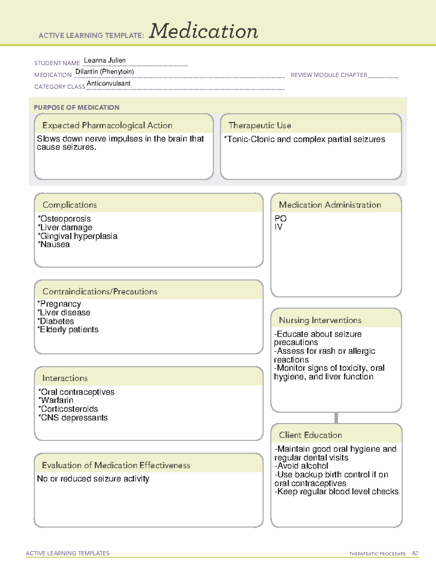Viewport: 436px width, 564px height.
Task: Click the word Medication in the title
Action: click(203, 31)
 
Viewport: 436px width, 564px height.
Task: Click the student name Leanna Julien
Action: click(105, 60)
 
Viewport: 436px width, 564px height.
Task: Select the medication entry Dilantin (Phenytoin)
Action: click(105, 72)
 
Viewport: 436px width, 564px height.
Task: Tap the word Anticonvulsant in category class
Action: click(109, 83)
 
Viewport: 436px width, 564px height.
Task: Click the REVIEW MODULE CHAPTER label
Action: click(329, 75)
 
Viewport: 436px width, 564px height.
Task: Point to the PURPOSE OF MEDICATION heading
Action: click(77, 107)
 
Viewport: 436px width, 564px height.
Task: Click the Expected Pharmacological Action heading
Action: click(107, 125)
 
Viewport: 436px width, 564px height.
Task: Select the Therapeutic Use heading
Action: click(259, 125)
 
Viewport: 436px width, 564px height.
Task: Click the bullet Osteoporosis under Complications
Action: click(65, 219)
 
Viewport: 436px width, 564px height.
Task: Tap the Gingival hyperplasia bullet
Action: click(78, 236)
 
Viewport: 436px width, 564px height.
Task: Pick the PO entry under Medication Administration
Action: click(280, 218)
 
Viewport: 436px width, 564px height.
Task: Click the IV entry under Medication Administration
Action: click(278, 227)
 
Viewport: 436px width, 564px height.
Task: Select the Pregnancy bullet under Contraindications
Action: click(60, 304)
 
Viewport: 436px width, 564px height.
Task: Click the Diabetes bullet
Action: click(56, 321)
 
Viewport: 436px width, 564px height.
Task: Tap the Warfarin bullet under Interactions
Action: click(57, 400)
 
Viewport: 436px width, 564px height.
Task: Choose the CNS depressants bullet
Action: click(74, 418)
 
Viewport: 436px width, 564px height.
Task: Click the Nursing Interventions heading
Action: click(320, 320)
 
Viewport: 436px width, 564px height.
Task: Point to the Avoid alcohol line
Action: click(302, 466)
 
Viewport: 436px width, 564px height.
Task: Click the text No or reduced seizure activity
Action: click(93, 479)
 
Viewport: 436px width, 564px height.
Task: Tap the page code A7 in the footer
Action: click(415, 553)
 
